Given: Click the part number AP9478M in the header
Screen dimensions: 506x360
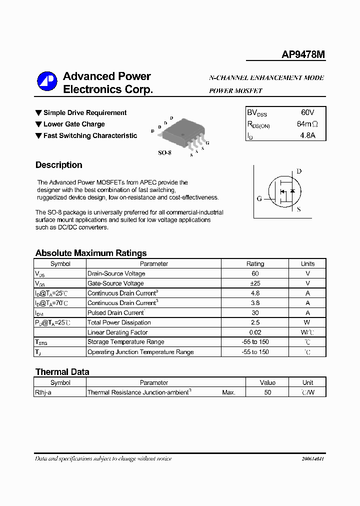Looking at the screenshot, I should (303, 55).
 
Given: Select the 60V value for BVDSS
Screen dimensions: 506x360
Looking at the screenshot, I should (307, 112).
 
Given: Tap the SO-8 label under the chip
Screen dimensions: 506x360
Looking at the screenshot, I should (164, 152).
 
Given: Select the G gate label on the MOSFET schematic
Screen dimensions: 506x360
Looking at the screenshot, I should (259, 198).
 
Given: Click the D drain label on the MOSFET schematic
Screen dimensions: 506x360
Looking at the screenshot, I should (299, 171).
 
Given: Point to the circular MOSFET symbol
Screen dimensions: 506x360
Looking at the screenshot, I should (283, 192).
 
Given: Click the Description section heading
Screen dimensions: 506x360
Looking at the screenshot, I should (58, 165).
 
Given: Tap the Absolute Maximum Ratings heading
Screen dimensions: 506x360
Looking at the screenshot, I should (91, 253).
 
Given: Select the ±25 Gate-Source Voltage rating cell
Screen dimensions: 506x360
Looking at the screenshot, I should (255, 283).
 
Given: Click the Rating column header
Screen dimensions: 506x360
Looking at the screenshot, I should (255, 264).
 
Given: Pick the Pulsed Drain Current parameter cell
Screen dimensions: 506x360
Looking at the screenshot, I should (116, 313).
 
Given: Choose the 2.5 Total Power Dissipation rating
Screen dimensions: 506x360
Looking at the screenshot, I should (255, 322).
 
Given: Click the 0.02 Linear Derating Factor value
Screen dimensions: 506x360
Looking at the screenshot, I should (255, 332).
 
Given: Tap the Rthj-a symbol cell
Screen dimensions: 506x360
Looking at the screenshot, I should (43, 392).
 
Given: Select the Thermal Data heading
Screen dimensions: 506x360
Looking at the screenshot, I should (62, 372).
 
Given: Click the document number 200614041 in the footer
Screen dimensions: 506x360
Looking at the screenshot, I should (313, 459).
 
